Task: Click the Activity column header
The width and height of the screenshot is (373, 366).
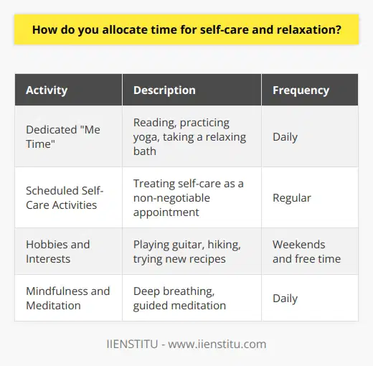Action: coord(47,91)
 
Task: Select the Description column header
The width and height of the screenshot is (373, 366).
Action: coord(165,91)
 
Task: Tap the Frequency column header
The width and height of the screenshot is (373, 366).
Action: coord(301,91)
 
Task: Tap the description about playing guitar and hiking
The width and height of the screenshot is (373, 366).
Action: coord(188,251)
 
